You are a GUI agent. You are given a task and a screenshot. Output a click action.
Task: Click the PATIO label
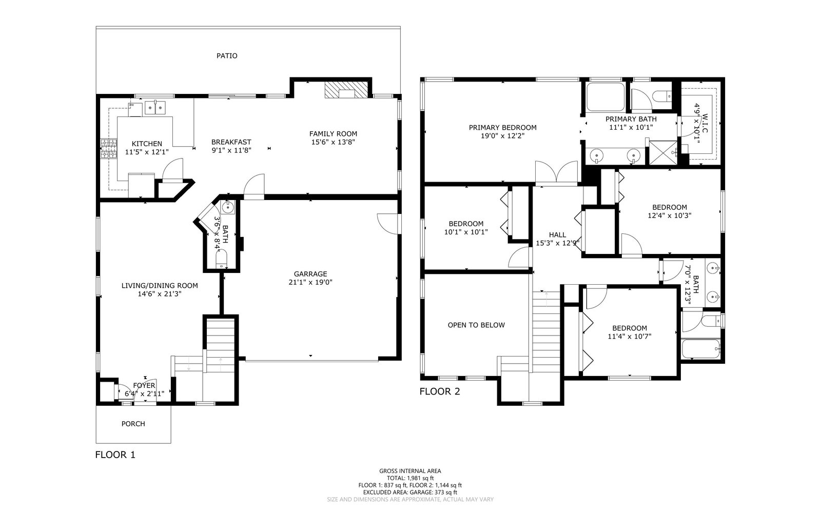[227, 56]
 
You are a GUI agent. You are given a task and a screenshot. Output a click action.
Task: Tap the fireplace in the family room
[346, 90]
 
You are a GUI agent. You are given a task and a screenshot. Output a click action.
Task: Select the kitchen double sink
[155, 107]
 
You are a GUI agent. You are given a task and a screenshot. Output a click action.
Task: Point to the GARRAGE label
[310, 274]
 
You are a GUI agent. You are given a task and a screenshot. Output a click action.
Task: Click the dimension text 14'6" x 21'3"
[160, 294]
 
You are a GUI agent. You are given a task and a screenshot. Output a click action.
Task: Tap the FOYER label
[144, 385]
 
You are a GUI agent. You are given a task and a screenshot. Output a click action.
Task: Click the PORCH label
[133, 424]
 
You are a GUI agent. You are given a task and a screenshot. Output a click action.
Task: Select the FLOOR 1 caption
[115, 455]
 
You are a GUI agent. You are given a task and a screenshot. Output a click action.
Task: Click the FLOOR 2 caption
[440, 392]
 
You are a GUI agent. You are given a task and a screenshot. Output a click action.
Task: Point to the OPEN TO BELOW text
[476, 325]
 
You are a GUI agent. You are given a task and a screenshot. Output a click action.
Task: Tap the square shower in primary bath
[661, 152]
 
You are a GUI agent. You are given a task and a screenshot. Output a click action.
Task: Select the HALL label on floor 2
[557, 235]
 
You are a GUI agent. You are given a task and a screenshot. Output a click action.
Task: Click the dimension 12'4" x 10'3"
[670, 215]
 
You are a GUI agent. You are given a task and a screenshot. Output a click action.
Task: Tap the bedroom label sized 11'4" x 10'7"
[630, 328]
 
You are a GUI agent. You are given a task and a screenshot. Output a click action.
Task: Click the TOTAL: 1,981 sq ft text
[410, 478]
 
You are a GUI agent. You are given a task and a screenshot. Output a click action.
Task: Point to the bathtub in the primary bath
[605, 97]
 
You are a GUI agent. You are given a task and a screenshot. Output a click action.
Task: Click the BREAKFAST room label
[231, 142]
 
